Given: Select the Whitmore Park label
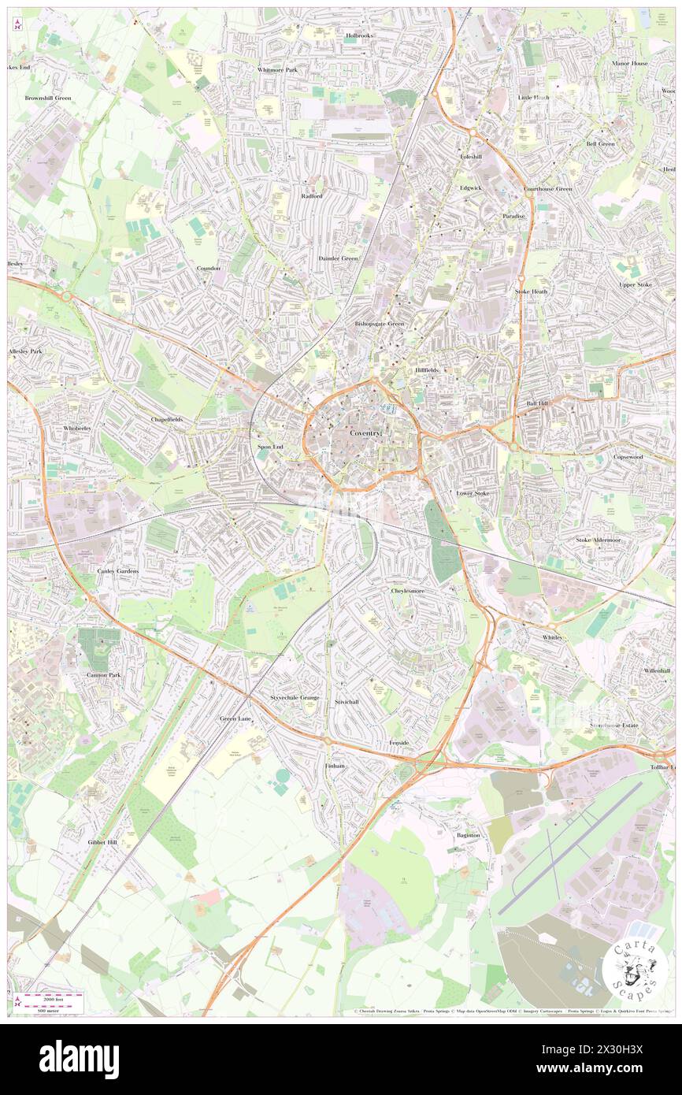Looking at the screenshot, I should click(278, 70).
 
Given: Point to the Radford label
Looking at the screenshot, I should click(311, 195).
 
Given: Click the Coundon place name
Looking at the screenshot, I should click(209, 268).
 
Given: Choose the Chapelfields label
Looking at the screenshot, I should click(166, 420).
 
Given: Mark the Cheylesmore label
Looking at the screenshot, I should click(410, 590).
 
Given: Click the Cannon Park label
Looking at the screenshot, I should click(103, 675).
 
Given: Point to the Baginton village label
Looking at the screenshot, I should click(468, 834).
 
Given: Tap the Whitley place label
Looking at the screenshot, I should click(552, 637).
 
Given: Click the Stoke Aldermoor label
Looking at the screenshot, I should click(599, 540).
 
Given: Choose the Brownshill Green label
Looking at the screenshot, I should click(48, 98).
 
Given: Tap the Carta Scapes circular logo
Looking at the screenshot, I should click(635, 969).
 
